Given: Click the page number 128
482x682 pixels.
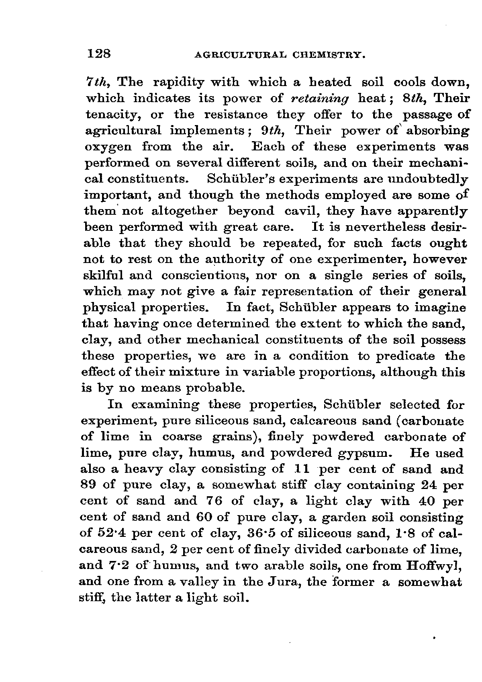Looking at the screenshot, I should [99, 54].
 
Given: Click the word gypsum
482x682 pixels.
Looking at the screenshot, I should [365, 453].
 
